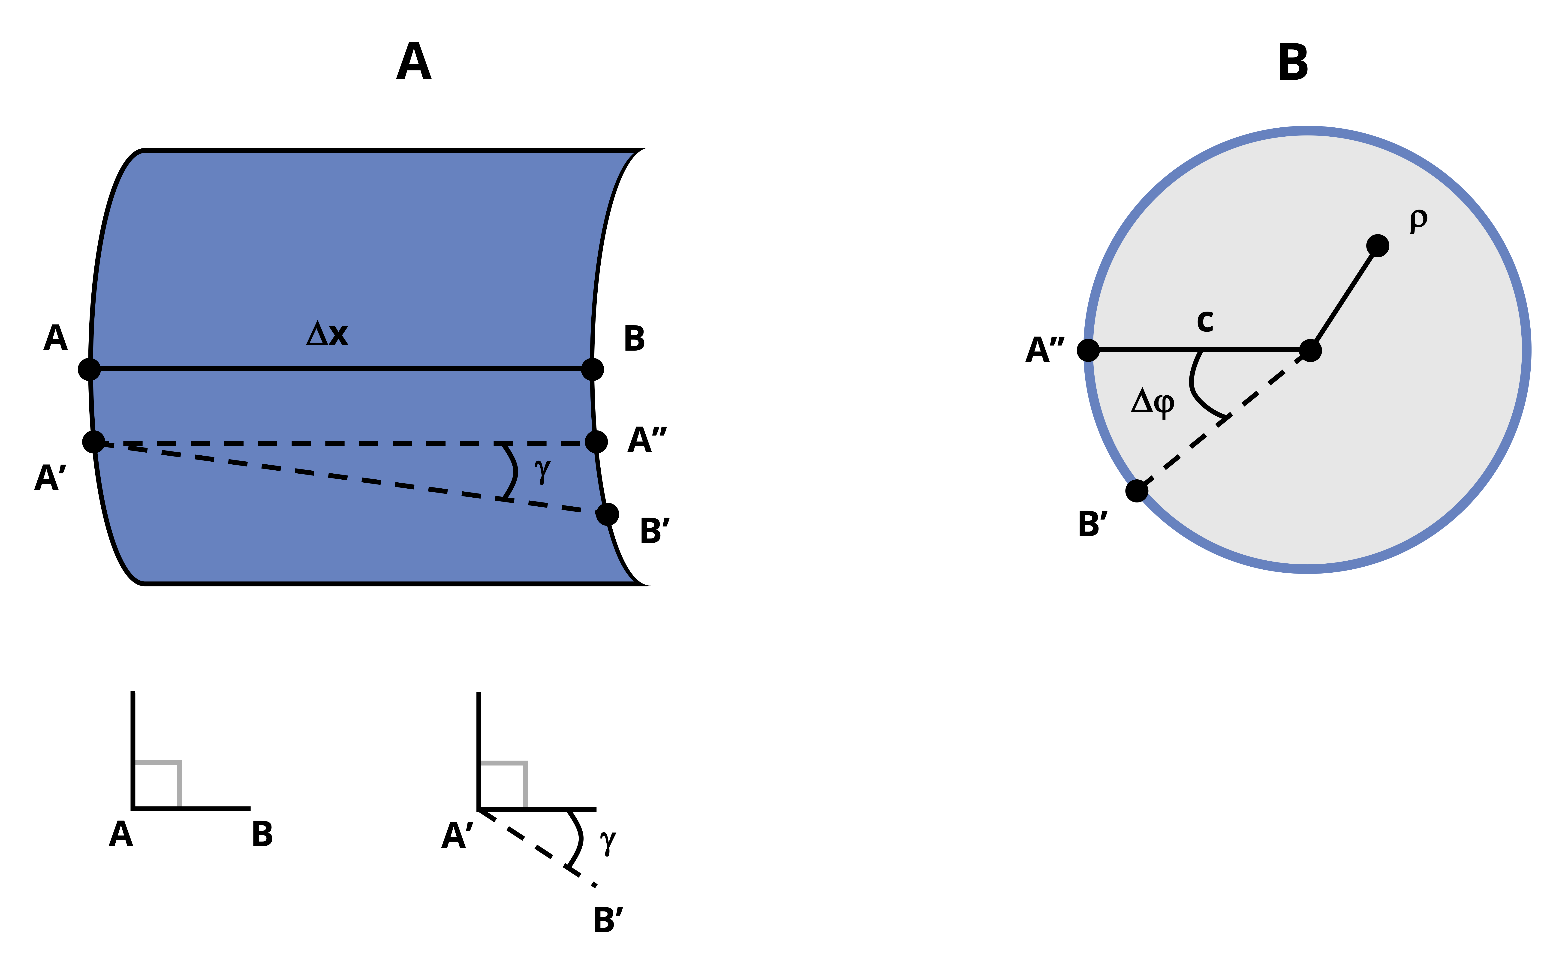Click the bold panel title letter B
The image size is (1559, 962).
pyautogui.click(x=1293, y=62)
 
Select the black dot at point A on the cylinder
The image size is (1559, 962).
pyautogui.click(x=89, y=369)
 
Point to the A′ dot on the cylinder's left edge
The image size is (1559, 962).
pyautogui.click(x=93, y=442)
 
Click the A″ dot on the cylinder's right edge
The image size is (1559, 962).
pyautogui.click(x=596, y=442)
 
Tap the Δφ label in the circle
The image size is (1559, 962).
pyautogui.click(x=1152, y=402)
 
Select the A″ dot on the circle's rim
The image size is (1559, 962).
pyautogui.click(x=1088, y=350)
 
